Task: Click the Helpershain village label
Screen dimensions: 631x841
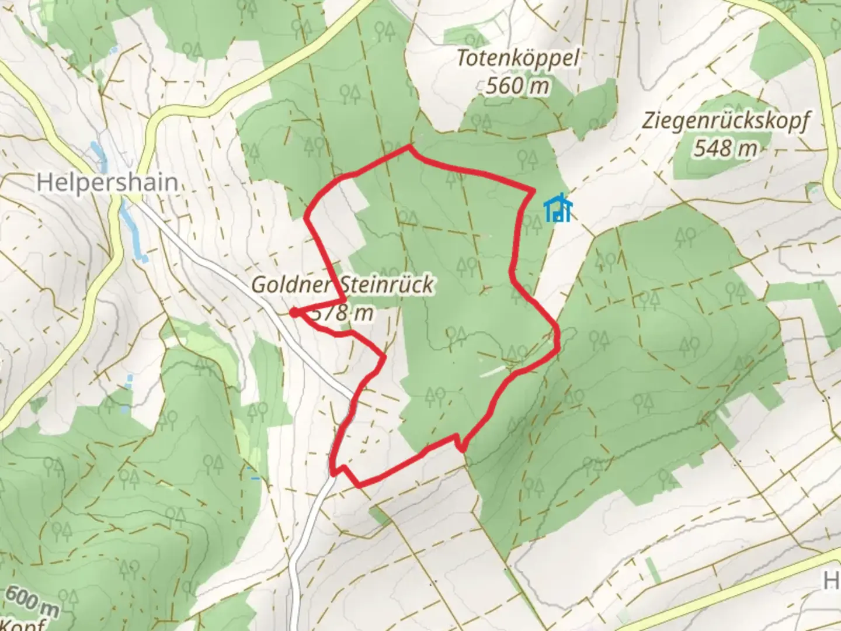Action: [107, 182]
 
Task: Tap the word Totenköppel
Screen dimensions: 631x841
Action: [517, 58]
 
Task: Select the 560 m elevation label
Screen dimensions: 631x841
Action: [517, 86]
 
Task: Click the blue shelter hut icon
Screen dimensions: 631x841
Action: [558, 209]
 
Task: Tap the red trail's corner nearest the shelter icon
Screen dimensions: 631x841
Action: [533, 190]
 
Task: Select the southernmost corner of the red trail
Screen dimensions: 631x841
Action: [358, 485]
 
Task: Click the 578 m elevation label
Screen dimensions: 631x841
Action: [343, 313]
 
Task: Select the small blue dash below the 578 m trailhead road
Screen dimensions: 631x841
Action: [255, 479]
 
